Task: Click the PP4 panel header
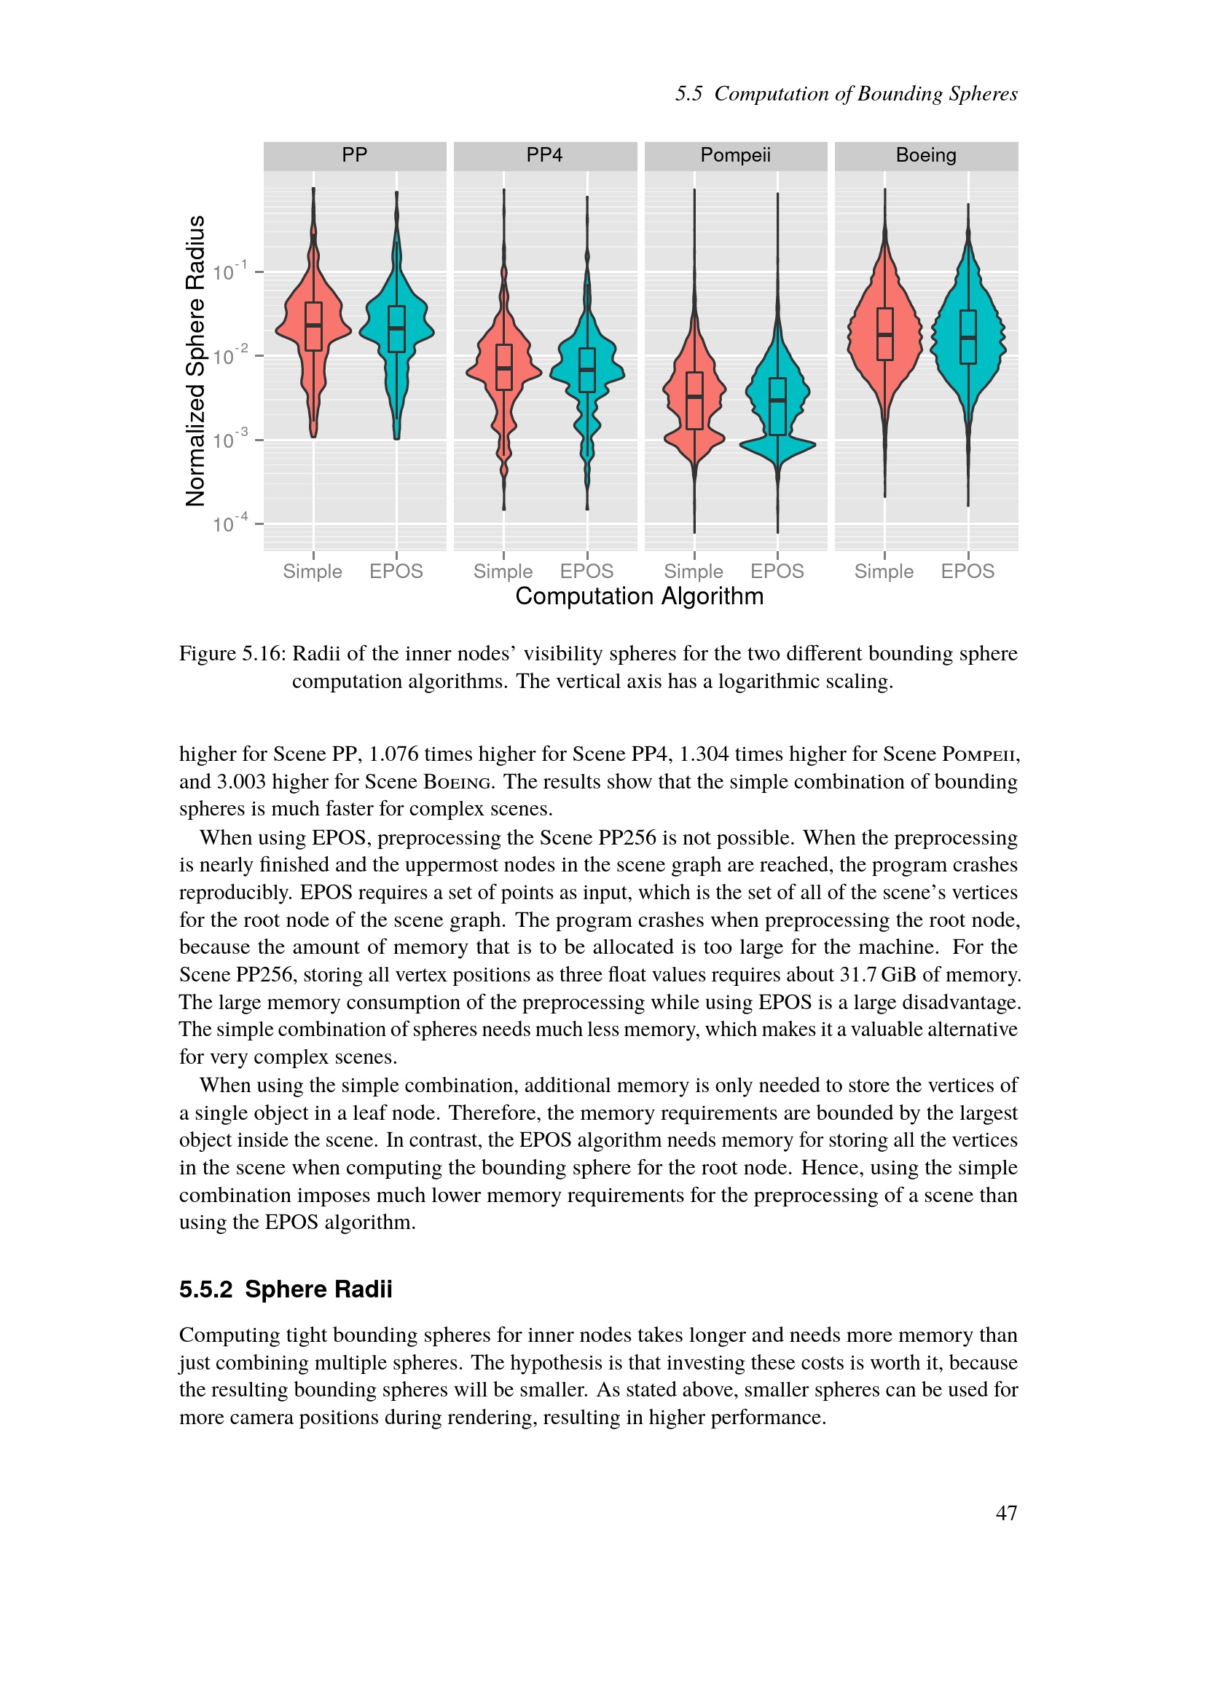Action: pos(545,155)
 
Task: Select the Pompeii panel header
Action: pos(735,155)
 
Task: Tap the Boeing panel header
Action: pos(926,155)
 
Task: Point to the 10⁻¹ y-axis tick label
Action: pos(229,272)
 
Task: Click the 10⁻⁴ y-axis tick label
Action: pos(229,523)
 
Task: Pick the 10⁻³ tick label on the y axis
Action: pos(229,440)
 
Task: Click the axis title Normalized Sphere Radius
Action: pos(195,361)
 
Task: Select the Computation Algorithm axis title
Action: pos(639,596)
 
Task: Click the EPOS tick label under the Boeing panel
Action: pos(967,571)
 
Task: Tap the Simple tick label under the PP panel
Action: pos(313,571)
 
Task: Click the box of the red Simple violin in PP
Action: pos(314,326)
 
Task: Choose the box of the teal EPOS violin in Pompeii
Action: pos(777,406)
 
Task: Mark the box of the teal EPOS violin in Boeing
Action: pos(968,337)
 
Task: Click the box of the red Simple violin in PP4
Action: pos(504,367)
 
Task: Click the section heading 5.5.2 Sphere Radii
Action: pos(286,1289)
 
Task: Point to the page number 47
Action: pos(1006,1513)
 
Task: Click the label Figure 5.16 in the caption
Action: pos(232,653)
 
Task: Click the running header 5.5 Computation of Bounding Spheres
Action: pos(846,94)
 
